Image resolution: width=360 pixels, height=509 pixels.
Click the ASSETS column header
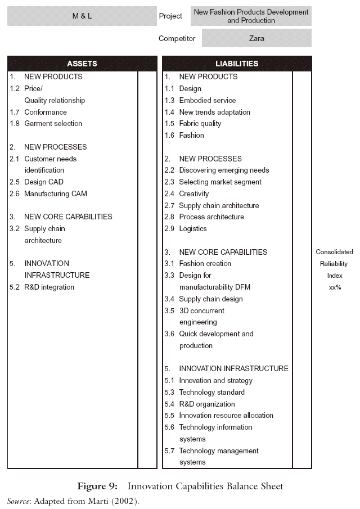tap(82, 64)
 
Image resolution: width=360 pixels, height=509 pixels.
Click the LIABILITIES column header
tap(237, 64)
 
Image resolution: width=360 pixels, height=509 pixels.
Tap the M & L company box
tap(82, 16)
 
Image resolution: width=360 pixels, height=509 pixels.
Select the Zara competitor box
tap(256, 39)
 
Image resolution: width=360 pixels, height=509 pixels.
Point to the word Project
tap(170, 16)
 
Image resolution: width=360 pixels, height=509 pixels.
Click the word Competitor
tap(177, 39)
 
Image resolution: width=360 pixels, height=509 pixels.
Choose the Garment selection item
tap(53, 124)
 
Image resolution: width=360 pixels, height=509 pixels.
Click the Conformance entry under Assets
tap(45, 112)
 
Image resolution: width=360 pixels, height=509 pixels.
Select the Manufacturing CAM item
tap(55, 193)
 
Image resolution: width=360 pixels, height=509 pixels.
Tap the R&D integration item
tap(49, 287)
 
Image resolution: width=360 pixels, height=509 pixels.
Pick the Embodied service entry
tap(207, 100)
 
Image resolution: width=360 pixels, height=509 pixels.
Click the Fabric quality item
tap(200, 124)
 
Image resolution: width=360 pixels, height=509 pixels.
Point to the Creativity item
tap(193, 193)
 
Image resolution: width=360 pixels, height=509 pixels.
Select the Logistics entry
tap(193, 229)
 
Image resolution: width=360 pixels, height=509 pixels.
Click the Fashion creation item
tap(205, 264)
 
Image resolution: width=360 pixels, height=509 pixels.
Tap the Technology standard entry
tap(211, 393)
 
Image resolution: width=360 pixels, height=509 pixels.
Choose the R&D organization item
tap(207, 404)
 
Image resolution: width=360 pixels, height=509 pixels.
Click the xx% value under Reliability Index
tap(335, 287)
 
